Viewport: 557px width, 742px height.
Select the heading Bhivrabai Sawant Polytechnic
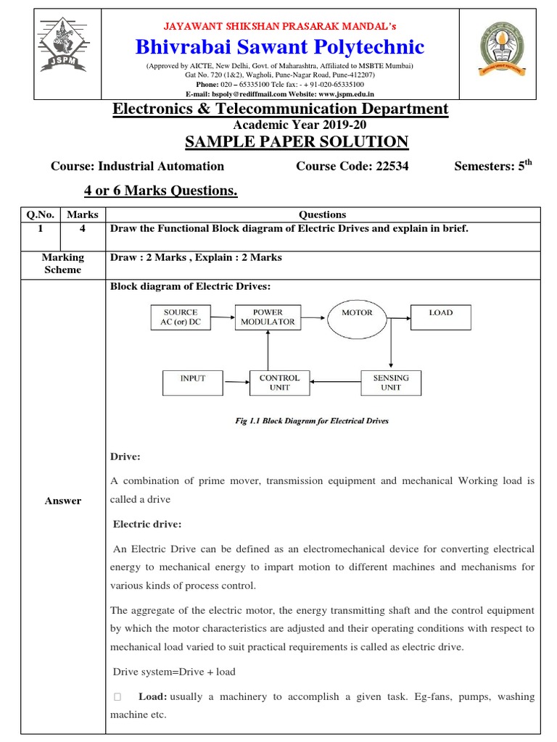pyautogui.click(x=280, y=47)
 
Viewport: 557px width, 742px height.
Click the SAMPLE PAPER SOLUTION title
pyautogui.click(x=297, y=141)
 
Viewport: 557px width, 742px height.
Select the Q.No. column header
pyautogui.click(x=41, y=214)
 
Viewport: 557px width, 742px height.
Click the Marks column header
pyautogui.click(x=83, y=214)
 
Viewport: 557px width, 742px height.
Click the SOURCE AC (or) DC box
pyautogui.click(x=181, y=317)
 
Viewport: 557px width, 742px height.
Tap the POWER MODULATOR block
pyautogui.click(x=266, y=317)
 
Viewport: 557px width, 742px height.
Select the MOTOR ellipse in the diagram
pyautogui.click(x=357, y=317)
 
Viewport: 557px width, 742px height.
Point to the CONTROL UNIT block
pyautogui.click(x=279, y=383)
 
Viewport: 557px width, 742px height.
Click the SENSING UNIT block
pyautogui.click(x=391, y=383)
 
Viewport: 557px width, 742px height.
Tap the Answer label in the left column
pyautogui.click(x=63, y=501)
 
